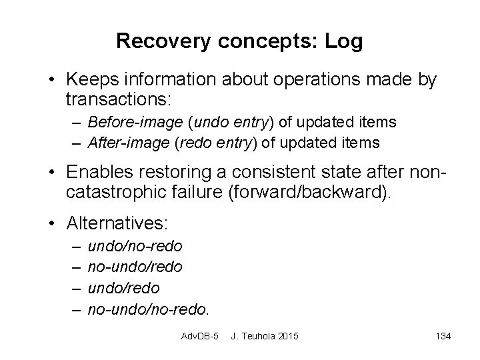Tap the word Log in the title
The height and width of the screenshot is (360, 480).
(x=344, y=41)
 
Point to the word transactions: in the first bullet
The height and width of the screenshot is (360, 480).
(x=119, y=100)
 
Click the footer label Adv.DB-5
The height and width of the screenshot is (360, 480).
(x=200, y=335)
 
